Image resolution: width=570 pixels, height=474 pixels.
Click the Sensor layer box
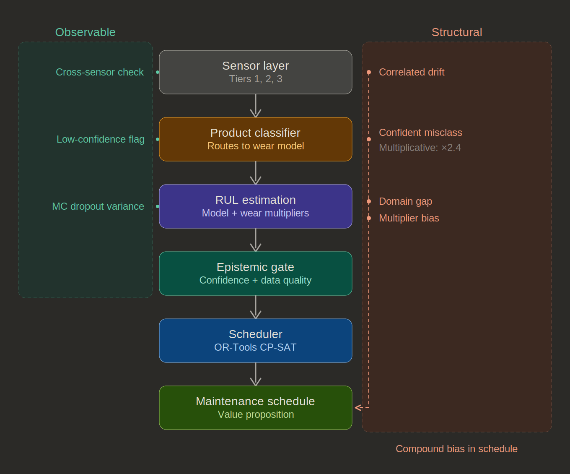click(255, 72)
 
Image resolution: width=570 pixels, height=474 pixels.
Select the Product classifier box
click(255, 139)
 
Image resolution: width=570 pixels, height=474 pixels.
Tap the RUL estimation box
click(255, 206)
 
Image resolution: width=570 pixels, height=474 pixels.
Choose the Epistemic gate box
click(255, 273)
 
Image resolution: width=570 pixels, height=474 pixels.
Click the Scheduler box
click(255, 341)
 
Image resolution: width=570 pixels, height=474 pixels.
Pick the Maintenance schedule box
click(255, 408)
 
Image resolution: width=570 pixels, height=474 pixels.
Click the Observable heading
click(85, 32)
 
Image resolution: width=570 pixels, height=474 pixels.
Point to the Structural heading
click(456, 32)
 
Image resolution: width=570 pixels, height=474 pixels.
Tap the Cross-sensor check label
click(100, 72)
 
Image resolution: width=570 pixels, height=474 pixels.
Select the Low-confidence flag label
click(101, 139)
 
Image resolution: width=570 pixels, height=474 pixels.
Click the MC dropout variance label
click(98, 206)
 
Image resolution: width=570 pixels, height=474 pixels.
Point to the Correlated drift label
click(411, 72)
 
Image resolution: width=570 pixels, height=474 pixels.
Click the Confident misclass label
click(420, 133)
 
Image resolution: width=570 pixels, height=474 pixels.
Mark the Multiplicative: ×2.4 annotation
click(420, 148)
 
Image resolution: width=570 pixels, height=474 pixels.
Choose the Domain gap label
click(405, 201)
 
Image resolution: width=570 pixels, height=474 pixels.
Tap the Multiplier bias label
click(409, 218)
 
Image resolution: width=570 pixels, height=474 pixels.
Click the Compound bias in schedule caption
click(456, 449)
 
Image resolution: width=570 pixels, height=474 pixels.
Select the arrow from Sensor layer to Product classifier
click(256, 106)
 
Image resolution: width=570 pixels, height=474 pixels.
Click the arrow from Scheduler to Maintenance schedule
click(256, 374)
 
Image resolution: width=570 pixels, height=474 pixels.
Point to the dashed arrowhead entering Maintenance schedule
click(358, 407)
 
